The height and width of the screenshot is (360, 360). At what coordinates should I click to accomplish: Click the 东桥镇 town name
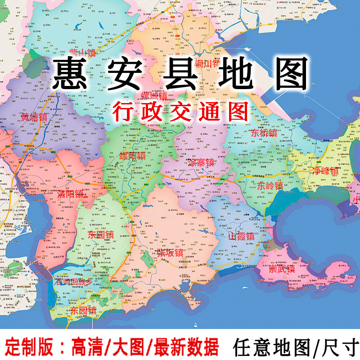264,133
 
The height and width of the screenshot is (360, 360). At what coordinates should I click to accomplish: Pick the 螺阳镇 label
132,156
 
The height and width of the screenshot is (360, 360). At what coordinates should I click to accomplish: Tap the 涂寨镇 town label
201,163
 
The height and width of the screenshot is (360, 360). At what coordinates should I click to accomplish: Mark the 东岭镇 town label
270,185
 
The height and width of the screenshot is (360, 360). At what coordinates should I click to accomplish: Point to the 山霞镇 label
241,236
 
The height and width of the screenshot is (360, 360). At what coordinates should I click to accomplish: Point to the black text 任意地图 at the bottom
271,347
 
